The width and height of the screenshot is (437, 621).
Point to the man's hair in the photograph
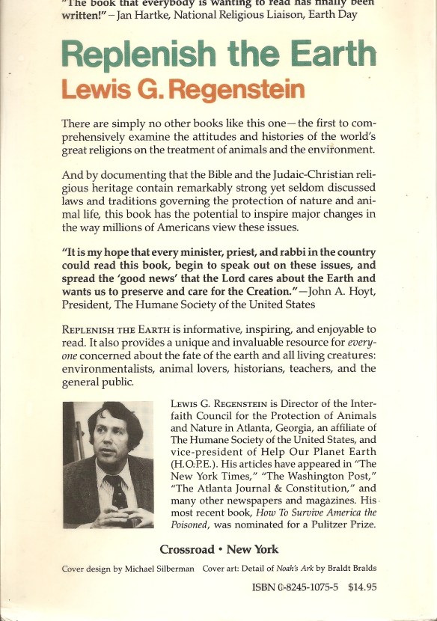pyautogui.click(x=112, y=423)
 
